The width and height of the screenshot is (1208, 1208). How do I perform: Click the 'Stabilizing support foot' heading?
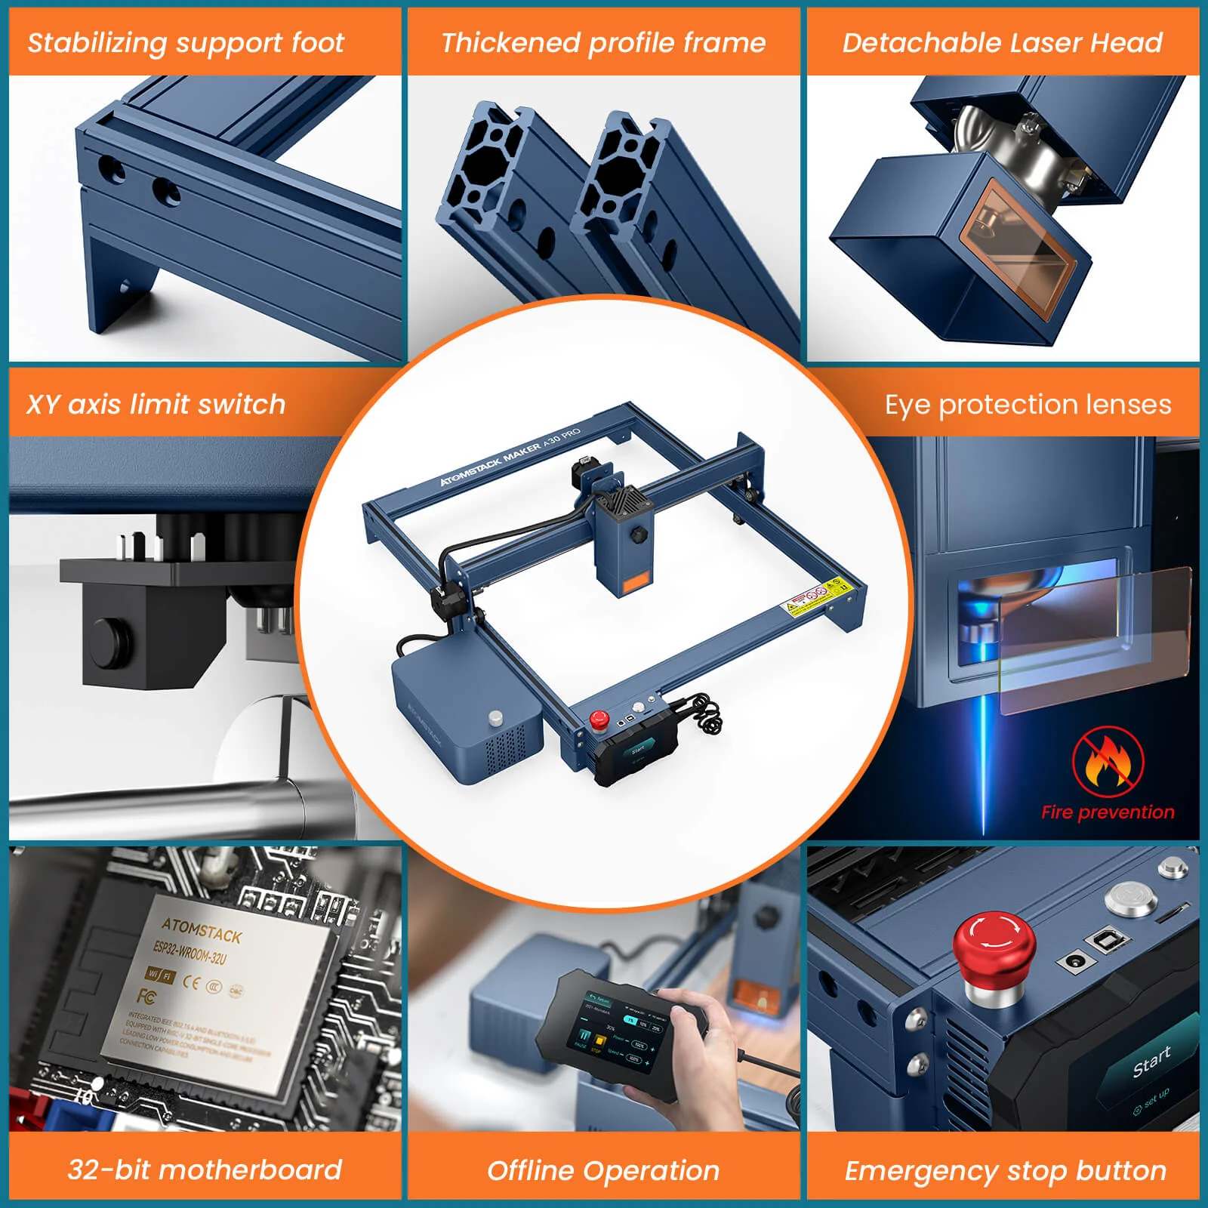coord(186,43)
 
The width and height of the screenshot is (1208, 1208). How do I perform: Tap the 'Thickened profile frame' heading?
coord(603,43)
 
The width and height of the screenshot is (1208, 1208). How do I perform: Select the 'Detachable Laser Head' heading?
coord(1002,43)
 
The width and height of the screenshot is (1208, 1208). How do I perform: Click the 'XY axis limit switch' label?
coord(156,405)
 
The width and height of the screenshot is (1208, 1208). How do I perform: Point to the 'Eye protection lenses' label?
coord(1028,405)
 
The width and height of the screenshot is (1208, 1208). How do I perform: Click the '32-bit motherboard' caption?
coord(205,1169)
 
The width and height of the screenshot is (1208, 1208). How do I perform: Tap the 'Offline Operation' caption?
coord(603,1170)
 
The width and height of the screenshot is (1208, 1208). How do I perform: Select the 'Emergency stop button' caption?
coord(1005,1170)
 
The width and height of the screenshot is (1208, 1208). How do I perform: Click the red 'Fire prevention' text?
coord(1108,812)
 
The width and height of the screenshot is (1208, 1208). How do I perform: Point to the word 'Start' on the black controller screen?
coord(1151,1062)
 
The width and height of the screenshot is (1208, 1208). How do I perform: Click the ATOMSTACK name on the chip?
coord(202,930)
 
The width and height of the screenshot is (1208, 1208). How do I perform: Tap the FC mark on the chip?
coord(147,997)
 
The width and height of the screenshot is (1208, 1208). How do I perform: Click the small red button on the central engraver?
coord(599,719)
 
